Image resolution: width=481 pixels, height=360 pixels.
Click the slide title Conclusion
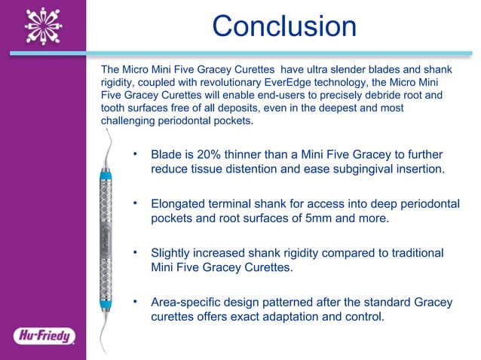point(283,27)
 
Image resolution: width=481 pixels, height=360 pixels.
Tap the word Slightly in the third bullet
point(173,252)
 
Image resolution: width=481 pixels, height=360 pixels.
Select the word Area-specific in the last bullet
point(186,302)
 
